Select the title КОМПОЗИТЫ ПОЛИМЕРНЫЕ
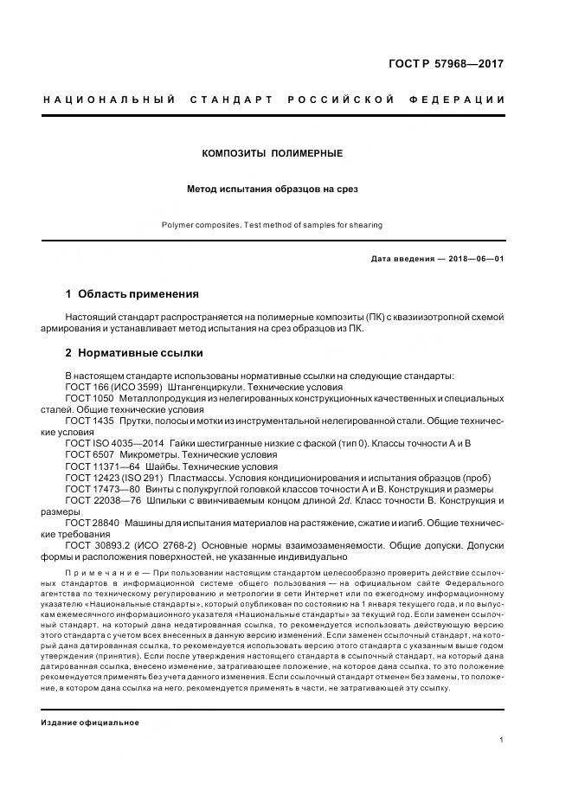(x=272, y=153)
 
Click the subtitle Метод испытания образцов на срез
(x=272, y=188)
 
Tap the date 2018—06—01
(x=474, y=259)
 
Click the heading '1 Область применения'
(x=132, y=294)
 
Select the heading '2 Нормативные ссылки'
(x=134, y=353)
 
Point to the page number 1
(x=502, y=740)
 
